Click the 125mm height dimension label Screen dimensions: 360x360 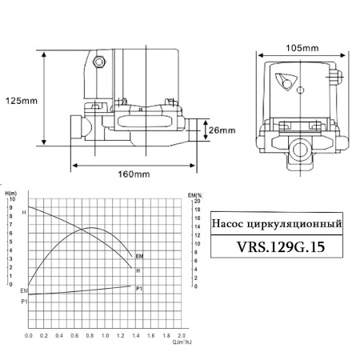coord(21,102)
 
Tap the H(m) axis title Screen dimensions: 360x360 coord(11,193)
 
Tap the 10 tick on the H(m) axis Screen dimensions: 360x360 coord(12,199)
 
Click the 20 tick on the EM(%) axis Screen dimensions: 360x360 coord(196,199)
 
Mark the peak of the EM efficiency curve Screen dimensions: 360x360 coord(93,229)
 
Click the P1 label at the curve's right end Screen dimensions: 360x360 coord(139,287)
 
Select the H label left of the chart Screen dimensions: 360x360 coord(24,212)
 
